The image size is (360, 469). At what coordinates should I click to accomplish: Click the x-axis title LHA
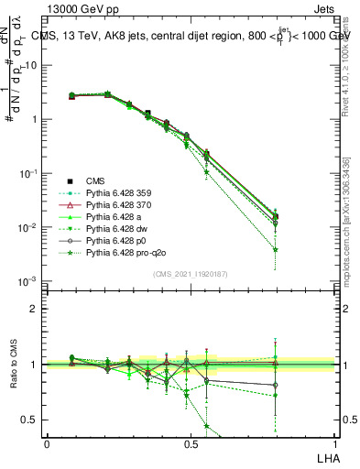(326, 457)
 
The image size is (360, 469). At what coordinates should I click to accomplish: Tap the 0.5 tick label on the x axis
(191, 443)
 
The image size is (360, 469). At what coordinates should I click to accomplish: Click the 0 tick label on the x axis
(47, 443)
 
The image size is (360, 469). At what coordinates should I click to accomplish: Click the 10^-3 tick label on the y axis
(27, 281)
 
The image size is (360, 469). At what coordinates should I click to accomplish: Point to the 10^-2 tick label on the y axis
(27, 227)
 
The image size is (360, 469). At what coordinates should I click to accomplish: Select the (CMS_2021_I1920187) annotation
(191, 274)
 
